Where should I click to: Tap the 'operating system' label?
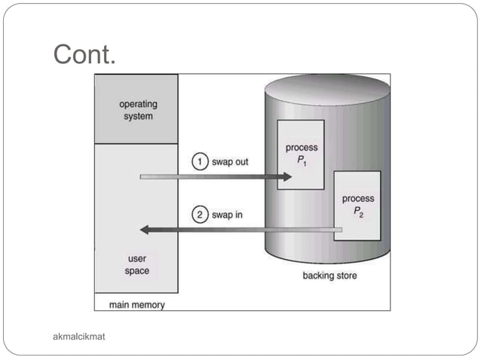[x=136, y=110]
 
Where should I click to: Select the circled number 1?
[x=199, y=162]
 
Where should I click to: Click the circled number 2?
[x=199, y=215]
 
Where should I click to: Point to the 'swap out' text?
[x=229, y=162]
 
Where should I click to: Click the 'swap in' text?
[x=226, y=215]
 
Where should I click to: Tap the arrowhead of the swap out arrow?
[x=286, y=177]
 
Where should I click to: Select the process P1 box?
[x=300, y=154]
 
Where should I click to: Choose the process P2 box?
[x=357, y=205]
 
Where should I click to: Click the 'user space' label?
[x=136, y=265]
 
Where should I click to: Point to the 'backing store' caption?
[x=329, y=276]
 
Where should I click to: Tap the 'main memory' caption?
[x=136, y=305]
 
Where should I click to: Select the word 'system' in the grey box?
[x=136, y=116]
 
